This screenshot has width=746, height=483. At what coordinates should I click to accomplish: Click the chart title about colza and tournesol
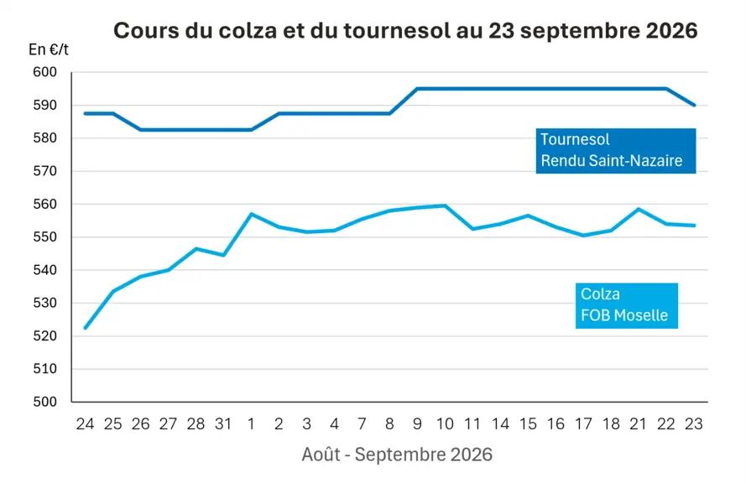pos(405,31)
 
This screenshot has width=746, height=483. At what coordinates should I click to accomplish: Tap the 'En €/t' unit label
pos(49,49)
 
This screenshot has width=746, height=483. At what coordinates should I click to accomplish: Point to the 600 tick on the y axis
pos(44,72)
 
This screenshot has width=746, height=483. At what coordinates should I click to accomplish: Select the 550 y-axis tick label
pos(44,237)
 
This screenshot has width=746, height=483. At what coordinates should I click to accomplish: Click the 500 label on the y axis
pos(44,402)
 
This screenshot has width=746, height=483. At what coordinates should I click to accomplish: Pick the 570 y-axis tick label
pos(44,171)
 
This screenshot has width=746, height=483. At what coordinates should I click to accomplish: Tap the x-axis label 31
pos(223,423)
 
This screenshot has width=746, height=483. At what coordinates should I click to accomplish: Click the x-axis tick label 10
pos(445,423)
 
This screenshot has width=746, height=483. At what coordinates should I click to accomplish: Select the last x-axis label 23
pos(694,423)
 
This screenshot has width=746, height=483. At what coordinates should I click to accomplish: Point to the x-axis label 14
pos(500,423)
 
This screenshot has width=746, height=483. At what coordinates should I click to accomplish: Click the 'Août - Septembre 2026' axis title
pos(397,454)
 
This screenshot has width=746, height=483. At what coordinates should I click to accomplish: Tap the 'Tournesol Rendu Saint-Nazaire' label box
pos(616,151)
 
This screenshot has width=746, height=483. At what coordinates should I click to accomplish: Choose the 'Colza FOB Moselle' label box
pos(627,306)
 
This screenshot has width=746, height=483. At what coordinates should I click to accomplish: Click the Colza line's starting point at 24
pos(85,328)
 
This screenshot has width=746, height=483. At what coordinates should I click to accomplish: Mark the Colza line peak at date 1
pos(251,214)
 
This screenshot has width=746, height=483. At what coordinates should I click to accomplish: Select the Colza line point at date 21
pos(639,209)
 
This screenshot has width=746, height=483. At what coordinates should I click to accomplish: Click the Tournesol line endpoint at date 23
pos(694,105)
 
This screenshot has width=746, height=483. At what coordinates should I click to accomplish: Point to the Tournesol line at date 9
pos(417,88)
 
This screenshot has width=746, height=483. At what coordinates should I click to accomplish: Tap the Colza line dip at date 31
pos(223,255)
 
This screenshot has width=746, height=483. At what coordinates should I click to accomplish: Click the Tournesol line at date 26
pos(140,130)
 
